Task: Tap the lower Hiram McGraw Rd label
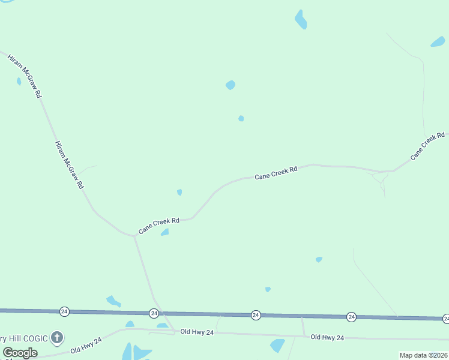click(69, 165)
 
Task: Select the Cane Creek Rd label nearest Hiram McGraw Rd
click(159, 226)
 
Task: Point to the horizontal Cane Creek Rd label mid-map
click(276, 173)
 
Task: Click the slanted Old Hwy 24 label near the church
click(86, 345)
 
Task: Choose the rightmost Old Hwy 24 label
click(327, 338)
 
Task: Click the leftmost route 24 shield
click(64, 311)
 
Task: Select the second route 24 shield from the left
click(154, 313)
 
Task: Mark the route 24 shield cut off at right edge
click(446, 318)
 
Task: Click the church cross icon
click(57, 338)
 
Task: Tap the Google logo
click(20, 353)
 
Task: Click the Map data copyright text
click(423, 355)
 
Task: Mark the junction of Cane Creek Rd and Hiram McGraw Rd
click(134, 236)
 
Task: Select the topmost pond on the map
click(301, 20)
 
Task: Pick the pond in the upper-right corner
click(438, 42)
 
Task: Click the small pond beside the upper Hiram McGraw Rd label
click(19, 81)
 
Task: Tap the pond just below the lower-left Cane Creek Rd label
click(164, 232)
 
